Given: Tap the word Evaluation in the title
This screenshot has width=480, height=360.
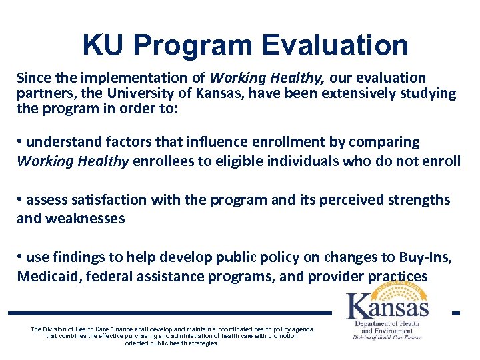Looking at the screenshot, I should click(335, 45).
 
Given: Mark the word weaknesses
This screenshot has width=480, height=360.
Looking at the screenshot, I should click(85, 218).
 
